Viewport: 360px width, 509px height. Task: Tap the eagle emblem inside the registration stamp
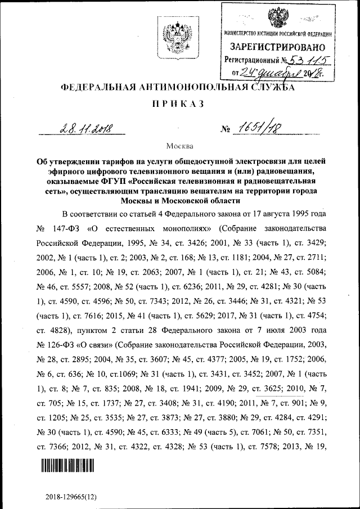point(276,20)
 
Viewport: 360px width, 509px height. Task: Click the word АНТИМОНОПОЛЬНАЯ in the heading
point(197,88)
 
